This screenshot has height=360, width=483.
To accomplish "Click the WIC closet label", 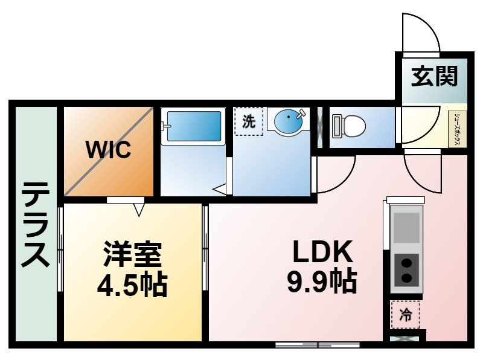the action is click(109, 150).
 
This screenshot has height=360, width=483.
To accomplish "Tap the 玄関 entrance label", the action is click(434, 76).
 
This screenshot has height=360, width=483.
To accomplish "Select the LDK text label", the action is click(322, 251).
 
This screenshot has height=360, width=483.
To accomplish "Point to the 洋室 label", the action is click(132, 254).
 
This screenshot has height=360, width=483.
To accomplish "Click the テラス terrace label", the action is click(36, 224).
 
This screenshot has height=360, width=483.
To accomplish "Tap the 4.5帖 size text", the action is click(132, 284).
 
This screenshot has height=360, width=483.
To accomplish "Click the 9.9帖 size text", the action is click(322, 281).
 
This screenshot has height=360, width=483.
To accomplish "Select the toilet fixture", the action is click(349, 126).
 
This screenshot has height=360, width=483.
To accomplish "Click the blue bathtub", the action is click(194, 126).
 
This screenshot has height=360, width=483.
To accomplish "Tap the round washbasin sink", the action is click(289, 121).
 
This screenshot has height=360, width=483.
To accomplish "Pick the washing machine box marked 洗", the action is click(249, 121).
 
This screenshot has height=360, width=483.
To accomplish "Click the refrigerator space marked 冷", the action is click(405, 315).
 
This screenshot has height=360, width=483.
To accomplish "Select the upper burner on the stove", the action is click(407, 263).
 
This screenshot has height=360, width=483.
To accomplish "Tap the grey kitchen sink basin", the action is click(406, 228).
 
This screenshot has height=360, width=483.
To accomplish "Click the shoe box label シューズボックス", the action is click(458, 129).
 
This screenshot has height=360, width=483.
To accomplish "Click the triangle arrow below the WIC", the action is click(139, 210).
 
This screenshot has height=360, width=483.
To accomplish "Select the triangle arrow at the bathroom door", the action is click(219, 190).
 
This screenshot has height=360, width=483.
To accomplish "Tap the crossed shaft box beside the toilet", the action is click(320, 127).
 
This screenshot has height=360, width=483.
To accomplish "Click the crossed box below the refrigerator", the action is click(405, 339).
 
